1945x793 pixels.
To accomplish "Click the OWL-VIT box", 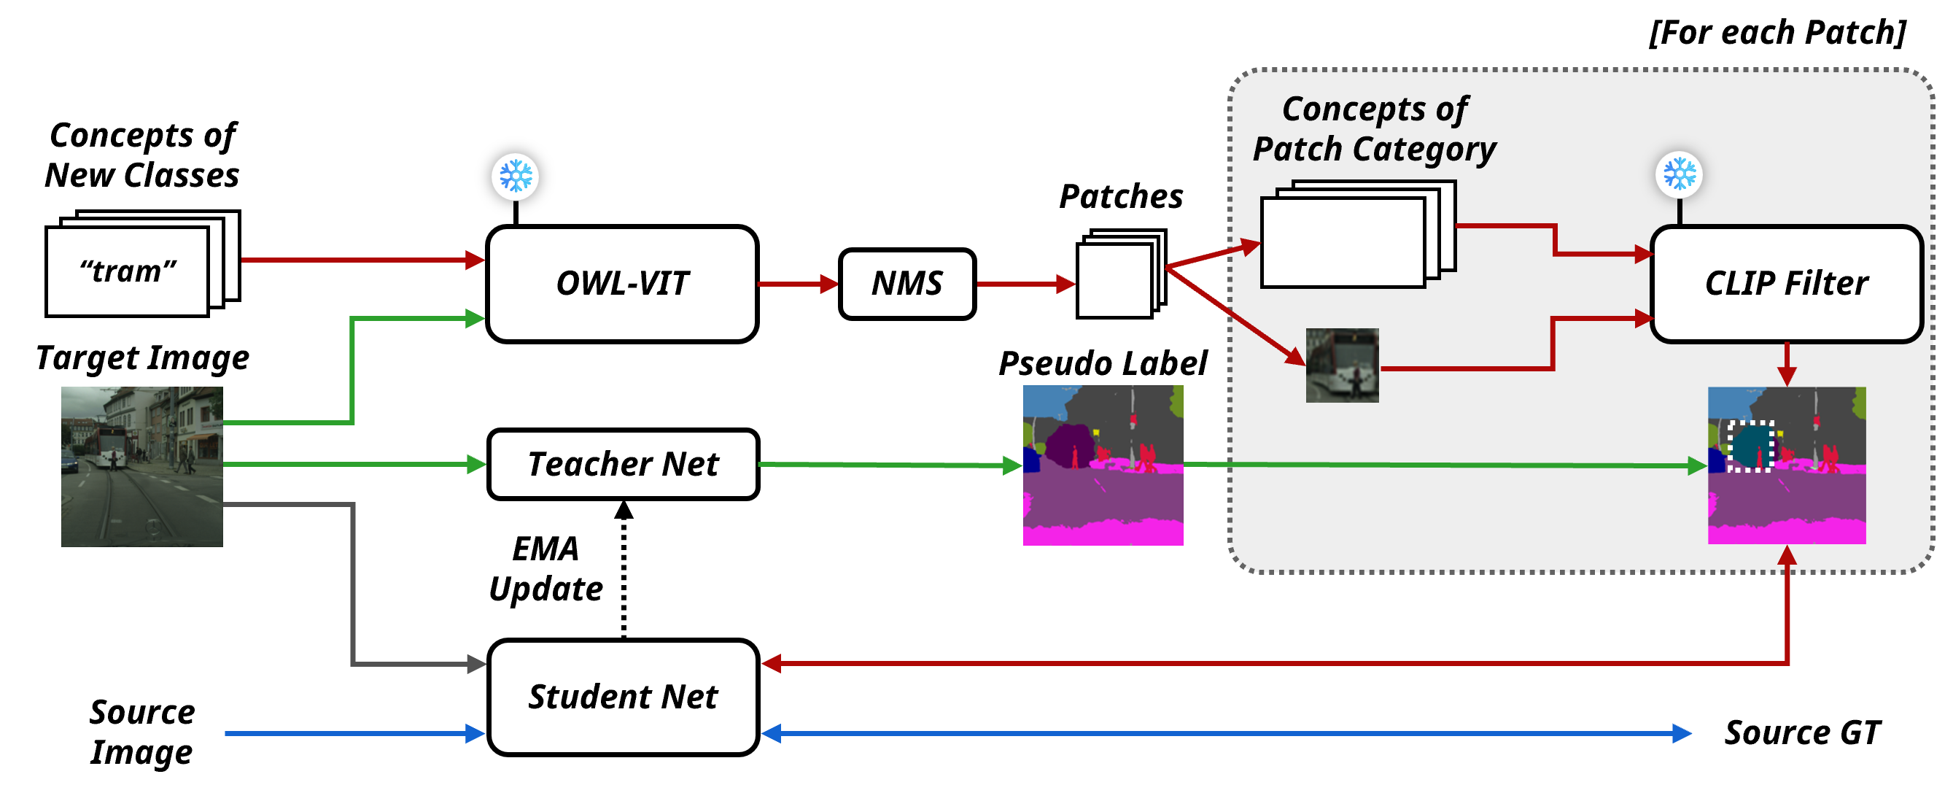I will pos(622,284).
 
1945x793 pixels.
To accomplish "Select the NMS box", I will pos(906,284).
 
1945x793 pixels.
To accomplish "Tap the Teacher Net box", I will pos(623,464).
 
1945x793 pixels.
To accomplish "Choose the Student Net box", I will pos(623,696).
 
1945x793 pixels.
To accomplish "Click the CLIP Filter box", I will pos(1786,284).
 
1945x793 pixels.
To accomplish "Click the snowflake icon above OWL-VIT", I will pos(516,177).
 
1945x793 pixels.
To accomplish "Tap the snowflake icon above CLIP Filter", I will pos(1679,174).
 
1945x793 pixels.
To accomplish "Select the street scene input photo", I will pos(142,466).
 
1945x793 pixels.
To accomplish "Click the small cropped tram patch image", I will pos(1342,365).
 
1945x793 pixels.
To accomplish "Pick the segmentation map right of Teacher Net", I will pos(1103,465).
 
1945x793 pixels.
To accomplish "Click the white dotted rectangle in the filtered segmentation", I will pos(1751,446).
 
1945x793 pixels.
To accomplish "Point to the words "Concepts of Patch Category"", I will pos(1374,129).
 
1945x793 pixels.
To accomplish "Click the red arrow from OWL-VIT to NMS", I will pos(797,284).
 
